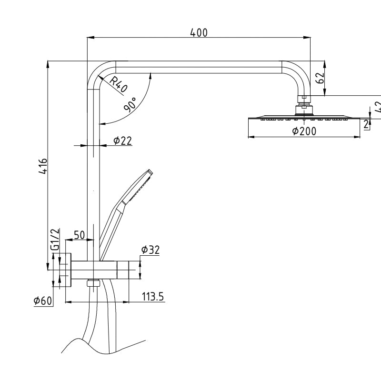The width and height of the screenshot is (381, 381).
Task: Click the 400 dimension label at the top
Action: coord(199,32)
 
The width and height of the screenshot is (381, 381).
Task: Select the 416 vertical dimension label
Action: coord(43,166)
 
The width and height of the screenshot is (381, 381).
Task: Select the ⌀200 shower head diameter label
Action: coord(304,131)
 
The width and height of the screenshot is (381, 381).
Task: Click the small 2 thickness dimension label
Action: coord(366,124)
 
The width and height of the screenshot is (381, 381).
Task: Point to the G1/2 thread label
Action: coord(55,240)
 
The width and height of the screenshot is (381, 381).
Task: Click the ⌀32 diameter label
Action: coord(150,250)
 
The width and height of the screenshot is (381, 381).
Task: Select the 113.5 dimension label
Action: coord(153,297)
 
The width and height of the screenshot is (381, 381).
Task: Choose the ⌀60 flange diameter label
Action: coord(43,301)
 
